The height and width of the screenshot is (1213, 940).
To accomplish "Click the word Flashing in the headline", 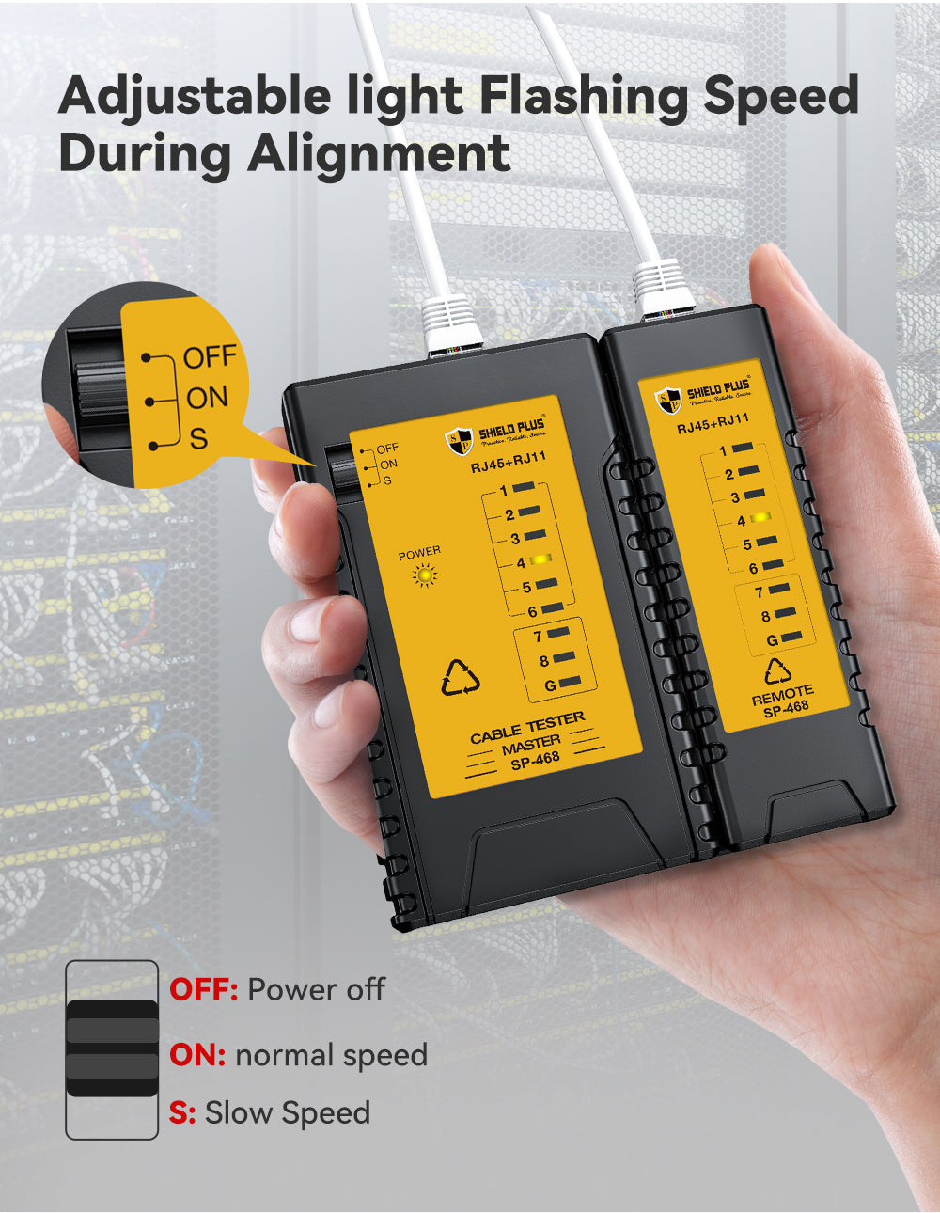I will click(582, 97).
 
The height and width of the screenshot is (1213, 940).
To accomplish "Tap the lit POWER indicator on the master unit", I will click(425, 575).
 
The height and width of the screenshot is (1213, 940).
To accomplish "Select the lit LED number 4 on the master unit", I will click(540, 560).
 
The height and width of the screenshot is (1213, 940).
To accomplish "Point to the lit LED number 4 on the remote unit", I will click(760, 519).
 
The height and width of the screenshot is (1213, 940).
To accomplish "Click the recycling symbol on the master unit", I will click(461, 678).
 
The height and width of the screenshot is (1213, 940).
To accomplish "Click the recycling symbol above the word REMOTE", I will click(777, 671).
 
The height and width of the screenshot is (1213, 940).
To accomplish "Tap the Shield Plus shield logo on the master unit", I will click(460, 440).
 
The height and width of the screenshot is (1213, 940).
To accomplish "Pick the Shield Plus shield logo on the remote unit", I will click(668, 400).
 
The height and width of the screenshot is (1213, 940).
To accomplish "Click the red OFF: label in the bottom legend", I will click(203, 989).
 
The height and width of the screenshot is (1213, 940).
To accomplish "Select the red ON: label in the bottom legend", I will click(197, 1055).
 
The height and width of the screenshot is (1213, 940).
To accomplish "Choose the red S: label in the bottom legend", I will click(182, 1113).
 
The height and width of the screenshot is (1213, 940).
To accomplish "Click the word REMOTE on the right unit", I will click(782, 695).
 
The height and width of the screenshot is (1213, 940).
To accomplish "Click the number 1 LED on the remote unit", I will click(742, 449).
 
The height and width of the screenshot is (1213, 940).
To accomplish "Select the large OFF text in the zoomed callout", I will click(210, 357).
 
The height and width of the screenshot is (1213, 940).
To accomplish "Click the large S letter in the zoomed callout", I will click(197, 438).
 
